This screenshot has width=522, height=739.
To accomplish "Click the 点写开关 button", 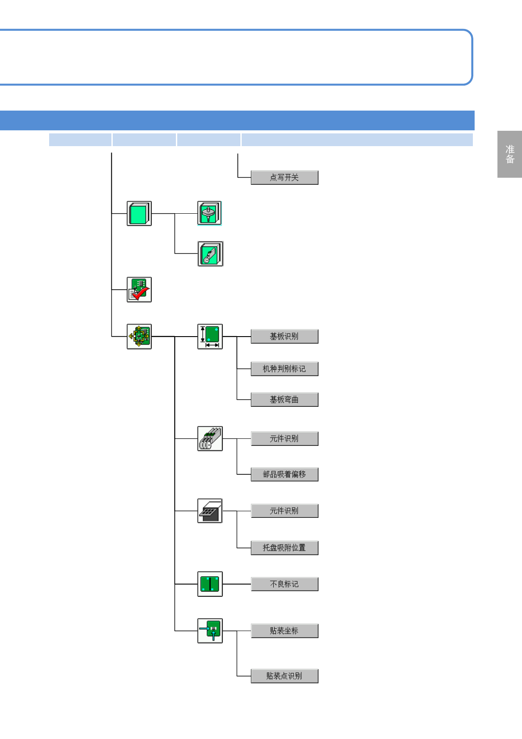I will [x=284, y=178].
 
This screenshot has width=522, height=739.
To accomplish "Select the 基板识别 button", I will [x=284, y=337].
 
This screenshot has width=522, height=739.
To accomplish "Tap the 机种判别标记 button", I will [x=284, y=369].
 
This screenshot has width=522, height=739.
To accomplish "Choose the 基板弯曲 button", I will [x=284, y=400].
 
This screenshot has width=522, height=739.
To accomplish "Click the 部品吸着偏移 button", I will [x=284, y=474].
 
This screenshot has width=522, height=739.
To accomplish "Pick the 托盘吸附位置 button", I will [x=284, y=548].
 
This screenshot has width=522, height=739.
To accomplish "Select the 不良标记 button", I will [x=284, y=584].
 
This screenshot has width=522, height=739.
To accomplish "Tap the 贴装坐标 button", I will [x=284, y=631].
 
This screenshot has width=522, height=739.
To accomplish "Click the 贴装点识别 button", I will [x=284, y=676].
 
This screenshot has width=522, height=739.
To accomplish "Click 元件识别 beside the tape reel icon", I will [x=284, y=439].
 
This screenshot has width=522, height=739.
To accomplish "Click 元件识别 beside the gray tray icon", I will [x=284, y=511].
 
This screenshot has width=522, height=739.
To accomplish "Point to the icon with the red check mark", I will [x=139, y=290].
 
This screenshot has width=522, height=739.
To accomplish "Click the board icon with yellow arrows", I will [x=139, y=337].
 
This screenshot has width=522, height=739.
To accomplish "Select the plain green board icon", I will [x=139, y=214].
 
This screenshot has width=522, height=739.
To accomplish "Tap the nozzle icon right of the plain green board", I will [x=210, y=213].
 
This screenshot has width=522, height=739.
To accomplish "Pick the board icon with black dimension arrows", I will [x=210, y=337].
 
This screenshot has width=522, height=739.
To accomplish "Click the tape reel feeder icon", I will [x=210, y=438].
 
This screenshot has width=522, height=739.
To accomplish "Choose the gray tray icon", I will [x=210, y=511].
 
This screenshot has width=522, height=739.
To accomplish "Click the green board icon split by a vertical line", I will [x=210, y=584].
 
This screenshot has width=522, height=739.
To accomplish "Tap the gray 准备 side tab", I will [x=510, y=154].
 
